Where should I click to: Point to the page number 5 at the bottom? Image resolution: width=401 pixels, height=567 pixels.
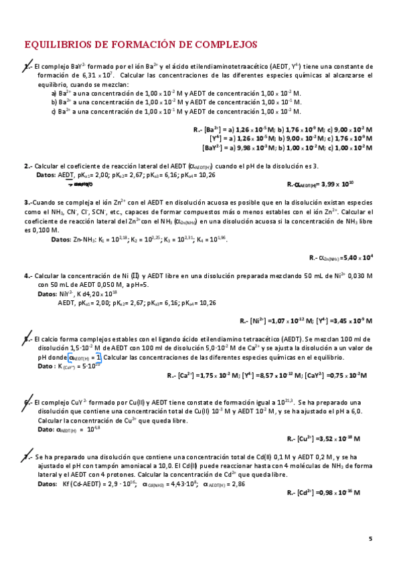click(x=370, y=538)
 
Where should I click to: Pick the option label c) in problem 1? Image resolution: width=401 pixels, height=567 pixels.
click(x=54, y=110)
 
